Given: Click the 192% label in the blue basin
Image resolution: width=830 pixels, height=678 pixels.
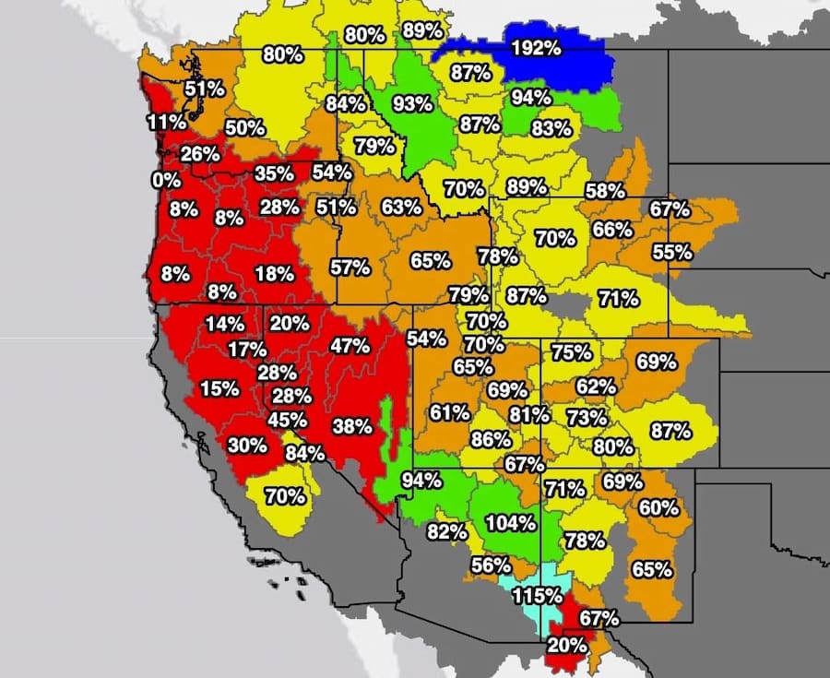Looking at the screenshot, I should point(535,48).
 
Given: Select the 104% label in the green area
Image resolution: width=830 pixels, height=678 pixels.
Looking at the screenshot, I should point(510,523).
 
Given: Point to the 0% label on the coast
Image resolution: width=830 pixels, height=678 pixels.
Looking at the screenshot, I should point(167,179).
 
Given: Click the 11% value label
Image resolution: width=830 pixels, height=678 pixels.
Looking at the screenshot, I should point(166,122).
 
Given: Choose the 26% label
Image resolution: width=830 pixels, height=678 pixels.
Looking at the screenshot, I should point(200,153).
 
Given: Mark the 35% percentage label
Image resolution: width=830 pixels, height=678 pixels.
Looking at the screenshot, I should point(274,172).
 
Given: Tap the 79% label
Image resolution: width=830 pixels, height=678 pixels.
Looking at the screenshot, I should point(375,146).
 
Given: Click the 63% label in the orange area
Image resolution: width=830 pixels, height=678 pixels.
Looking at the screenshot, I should point(400,207).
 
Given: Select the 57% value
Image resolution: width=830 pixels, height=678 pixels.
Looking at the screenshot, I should point(350,268).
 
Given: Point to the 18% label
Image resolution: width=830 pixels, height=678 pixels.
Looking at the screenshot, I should point(275,273).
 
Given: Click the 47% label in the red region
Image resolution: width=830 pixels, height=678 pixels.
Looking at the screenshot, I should point(350,346).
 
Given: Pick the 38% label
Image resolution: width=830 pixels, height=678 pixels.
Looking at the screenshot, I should point(352,426).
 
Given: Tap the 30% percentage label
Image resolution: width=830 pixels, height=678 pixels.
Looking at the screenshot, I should point(247,445).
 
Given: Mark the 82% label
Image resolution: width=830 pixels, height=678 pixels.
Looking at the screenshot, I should point(445,531).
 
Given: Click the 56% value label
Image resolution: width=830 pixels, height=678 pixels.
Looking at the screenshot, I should point(491,565).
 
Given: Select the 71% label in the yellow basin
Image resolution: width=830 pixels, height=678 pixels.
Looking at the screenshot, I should point(618,298).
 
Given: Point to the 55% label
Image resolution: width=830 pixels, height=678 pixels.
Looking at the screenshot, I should point(671,251).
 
